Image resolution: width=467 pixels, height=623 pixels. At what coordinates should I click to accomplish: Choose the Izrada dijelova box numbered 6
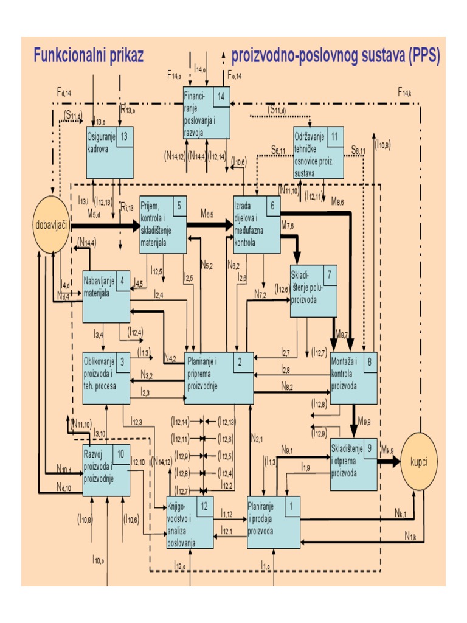click(257, 225)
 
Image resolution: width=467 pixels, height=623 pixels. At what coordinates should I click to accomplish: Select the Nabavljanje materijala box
click(106, 296)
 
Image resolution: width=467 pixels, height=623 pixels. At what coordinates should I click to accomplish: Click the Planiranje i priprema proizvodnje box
click(219, 378)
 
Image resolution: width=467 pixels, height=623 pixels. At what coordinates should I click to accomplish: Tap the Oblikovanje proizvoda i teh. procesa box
click(106, 377)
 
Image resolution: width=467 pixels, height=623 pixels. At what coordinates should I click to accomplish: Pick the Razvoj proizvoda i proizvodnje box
click(106, 471)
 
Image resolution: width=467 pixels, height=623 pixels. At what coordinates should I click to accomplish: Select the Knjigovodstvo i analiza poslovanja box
click(190, 523)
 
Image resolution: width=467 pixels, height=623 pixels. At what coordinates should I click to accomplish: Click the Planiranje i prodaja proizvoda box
click(274, 523)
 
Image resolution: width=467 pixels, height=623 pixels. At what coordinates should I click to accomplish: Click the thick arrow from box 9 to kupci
click(389, 462)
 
